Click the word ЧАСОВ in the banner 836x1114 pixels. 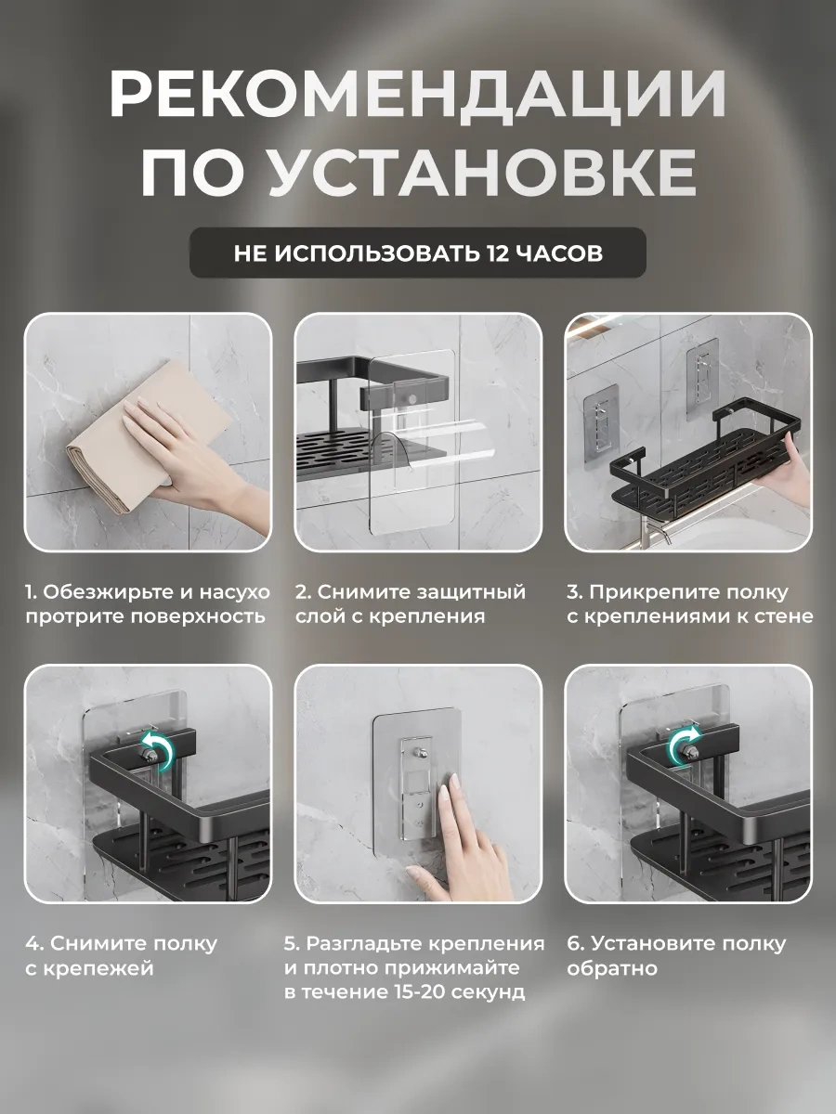coord(557,253)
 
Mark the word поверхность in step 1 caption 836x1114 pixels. coord(198,616)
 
